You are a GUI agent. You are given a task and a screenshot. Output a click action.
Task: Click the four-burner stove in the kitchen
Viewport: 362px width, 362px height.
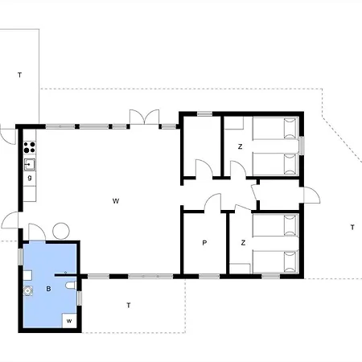pos(30,147)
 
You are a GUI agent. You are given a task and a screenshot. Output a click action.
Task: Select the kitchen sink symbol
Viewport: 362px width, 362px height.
pos(30,164)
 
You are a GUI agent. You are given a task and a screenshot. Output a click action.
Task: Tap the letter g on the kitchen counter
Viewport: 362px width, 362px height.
pos(30,178)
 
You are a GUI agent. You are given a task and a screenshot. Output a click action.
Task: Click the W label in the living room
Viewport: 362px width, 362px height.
pos(116,201)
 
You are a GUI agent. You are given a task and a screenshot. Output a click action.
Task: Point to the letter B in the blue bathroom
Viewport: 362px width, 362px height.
pos(48,289)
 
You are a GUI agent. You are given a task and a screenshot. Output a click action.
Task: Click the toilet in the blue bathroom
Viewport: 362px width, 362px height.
pos(71,286)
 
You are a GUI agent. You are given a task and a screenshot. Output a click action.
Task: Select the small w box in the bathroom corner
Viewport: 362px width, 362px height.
pos(69,321)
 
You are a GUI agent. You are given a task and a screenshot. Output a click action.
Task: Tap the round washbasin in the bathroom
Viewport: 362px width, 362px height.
pos(27,290)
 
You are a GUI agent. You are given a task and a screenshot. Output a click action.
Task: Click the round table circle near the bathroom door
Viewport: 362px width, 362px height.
pos(61,231)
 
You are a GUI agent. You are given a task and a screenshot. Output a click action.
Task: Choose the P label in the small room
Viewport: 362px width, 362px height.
pos(204,243)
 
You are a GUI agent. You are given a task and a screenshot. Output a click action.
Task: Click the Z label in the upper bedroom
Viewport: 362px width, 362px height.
pos(240,146)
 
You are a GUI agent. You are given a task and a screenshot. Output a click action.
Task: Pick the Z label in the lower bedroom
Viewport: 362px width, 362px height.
pos(243,243)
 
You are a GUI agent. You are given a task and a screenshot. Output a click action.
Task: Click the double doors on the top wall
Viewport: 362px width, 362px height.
pos(144,117)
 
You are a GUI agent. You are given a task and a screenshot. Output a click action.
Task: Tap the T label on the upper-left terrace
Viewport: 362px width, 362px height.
pos(19,75)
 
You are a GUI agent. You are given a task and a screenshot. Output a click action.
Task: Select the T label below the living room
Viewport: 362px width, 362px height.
pos(129,305)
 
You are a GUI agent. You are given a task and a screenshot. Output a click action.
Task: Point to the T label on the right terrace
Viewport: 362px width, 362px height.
pos(352,228)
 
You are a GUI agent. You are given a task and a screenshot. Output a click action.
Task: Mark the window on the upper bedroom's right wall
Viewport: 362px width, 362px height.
pos(302,146)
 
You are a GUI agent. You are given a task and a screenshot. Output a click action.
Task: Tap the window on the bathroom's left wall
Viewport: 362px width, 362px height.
pos(20,257)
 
